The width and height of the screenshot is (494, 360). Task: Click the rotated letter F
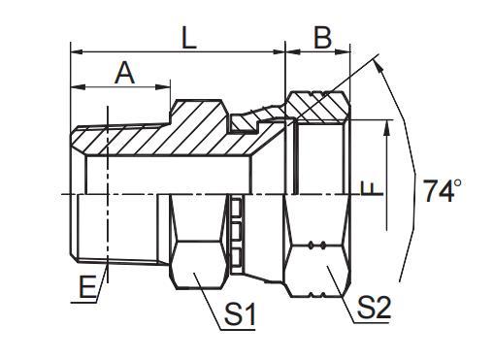click(x=366, y=188)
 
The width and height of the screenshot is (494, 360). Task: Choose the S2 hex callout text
click(x=373, y=309)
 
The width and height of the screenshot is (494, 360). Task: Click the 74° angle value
click(x=440, y=191)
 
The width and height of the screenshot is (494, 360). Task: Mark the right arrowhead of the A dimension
click(x=166, y=87)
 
